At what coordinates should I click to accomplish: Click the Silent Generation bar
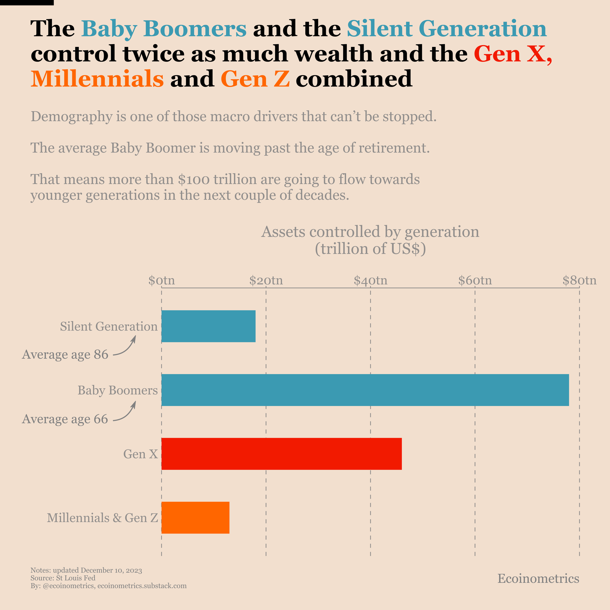(x=208, y=326)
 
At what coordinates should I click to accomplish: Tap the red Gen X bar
(x=281, y=454)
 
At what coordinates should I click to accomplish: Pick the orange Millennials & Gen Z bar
(x=195, y=518)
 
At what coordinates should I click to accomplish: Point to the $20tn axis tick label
(x=266, y=280)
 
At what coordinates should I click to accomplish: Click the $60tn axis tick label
(x=475, y=280)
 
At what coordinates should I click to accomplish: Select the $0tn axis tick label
(x=161, y=280)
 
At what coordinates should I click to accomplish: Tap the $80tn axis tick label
(x=579, y=280)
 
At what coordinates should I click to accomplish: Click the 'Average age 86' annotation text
(x=65, y=355)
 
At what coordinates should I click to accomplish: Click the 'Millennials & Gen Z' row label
(x=102, y=518)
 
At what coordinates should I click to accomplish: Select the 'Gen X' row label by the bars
(x=140, y=454)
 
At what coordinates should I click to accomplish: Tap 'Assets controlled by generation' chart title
(x=370, y=232)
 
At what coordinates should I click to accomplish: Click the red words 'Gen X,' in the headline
(x=513, y=54)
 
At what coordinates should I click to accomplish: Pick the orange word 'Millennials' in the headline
(x=97, y=79)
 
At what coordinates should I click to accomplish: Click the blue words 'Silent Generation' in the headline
(x=447, y=28)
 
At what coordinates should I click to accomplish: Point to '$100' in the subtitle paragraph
(x=193, y=180)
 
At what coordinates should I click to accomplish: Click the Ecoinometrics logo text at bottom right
(x=538, y=578)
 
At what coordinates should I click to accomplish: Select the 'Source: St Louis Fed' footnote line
(x=63, y=578)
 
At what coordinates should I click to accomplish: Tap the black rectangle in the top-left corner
(x=27, y=2)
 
